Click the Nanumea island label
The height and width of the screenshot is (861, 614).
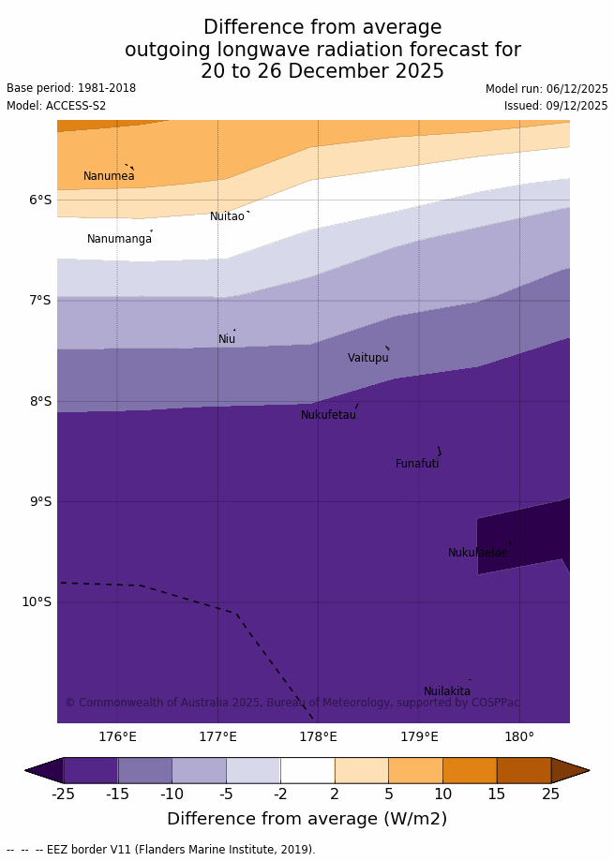[x=109, y=176]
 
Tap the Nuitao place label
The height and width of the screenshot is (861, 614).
[x=227, y=216]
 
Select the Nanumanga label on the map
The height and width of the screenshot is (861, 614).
[x=119, y=239]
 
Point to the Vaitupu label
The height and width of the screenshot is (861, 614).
[x=367, y=358]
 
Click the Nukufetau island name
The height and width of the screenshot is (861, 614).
[x=328, y=415]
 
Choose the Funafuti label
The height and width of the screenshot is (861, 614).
[x=417, y=464]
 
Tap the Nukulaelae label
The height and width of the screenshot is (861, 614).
[x=477, y=553]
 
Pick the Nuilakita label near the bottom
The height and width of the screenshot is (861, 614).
[x=447, y=691]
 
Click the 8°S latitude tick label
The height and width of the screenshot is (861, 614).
[x=40, y=401]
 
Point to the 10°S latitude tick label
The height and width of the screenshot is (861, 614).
[x=37, y=601]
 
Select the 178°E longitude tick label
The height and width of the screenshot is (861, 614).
[x=318, y=737]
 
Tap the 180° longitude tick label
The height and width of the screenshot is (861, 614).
[x=519, y=737]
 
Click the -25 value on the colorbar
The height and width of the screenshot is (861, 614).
[x=63, y=794]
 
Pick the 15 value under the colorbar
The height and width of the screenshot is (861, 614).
[x=497, y=794]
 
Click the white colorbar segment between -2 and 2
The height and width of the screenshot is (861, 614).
[x=307, y=770]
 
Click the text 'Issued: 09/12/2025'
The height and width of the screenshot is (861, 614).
[x=556, y=106]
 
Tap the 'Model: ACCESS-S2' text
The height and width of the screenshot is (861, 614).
[x=56, y=106]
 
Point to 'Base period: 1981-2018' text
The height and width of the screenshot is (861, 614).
[x=71, y=88]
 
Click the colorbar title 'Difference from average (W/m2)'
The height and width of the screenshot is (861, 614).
[x=307, y=819]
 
